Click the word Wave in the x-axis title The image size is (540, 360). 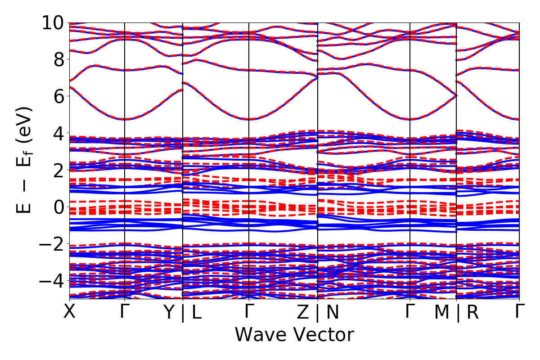259,335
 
